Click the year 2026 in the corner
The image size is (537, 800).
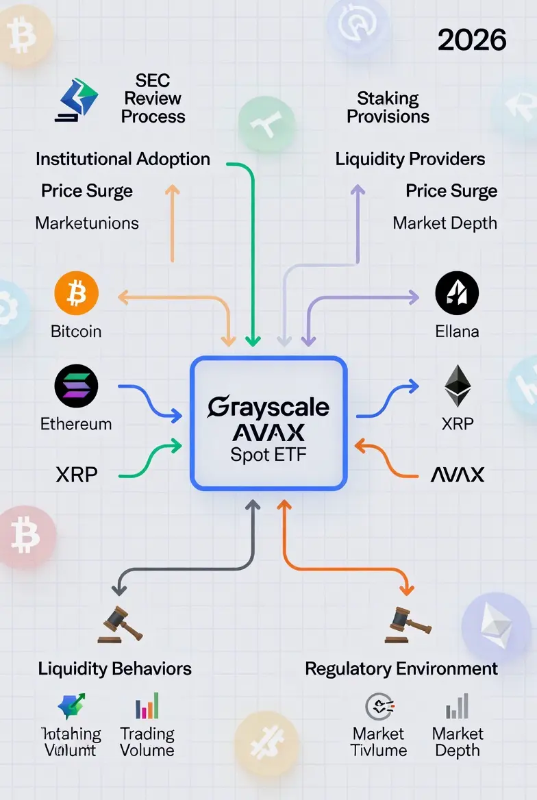pos(472,40)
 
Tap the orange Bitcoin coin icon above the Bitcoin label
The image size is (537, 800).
pos(76,295)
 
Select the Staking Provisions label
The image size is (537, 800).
pos(388,108)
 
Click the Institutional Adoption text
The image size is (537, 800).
pos(123,160)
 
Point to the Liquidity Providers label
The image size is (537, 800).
pos(410,160)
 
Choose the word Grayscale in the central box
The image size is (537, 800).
pos(268,407)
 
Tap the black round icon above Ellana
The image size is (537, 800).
pos(457,293)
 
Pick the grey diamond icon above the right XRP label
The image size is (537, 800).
pos(458,386)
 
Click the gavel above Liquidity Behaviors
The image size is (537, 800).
pos(121,624)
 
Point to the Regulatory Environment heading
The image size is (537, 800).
pos(401,668)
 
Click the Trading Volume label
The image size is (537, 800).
pos(147,742)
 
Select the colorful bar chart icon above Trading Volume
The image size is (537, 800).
pos(147,706)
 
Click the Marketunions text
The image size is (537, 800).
pos(87,223)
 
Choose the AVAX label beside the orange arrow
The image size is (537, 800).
pos(458,474)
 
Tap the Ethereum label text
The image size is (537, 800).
pos(76,423)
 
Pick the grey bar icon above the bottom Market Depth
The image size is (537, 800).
pos(457,706)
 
